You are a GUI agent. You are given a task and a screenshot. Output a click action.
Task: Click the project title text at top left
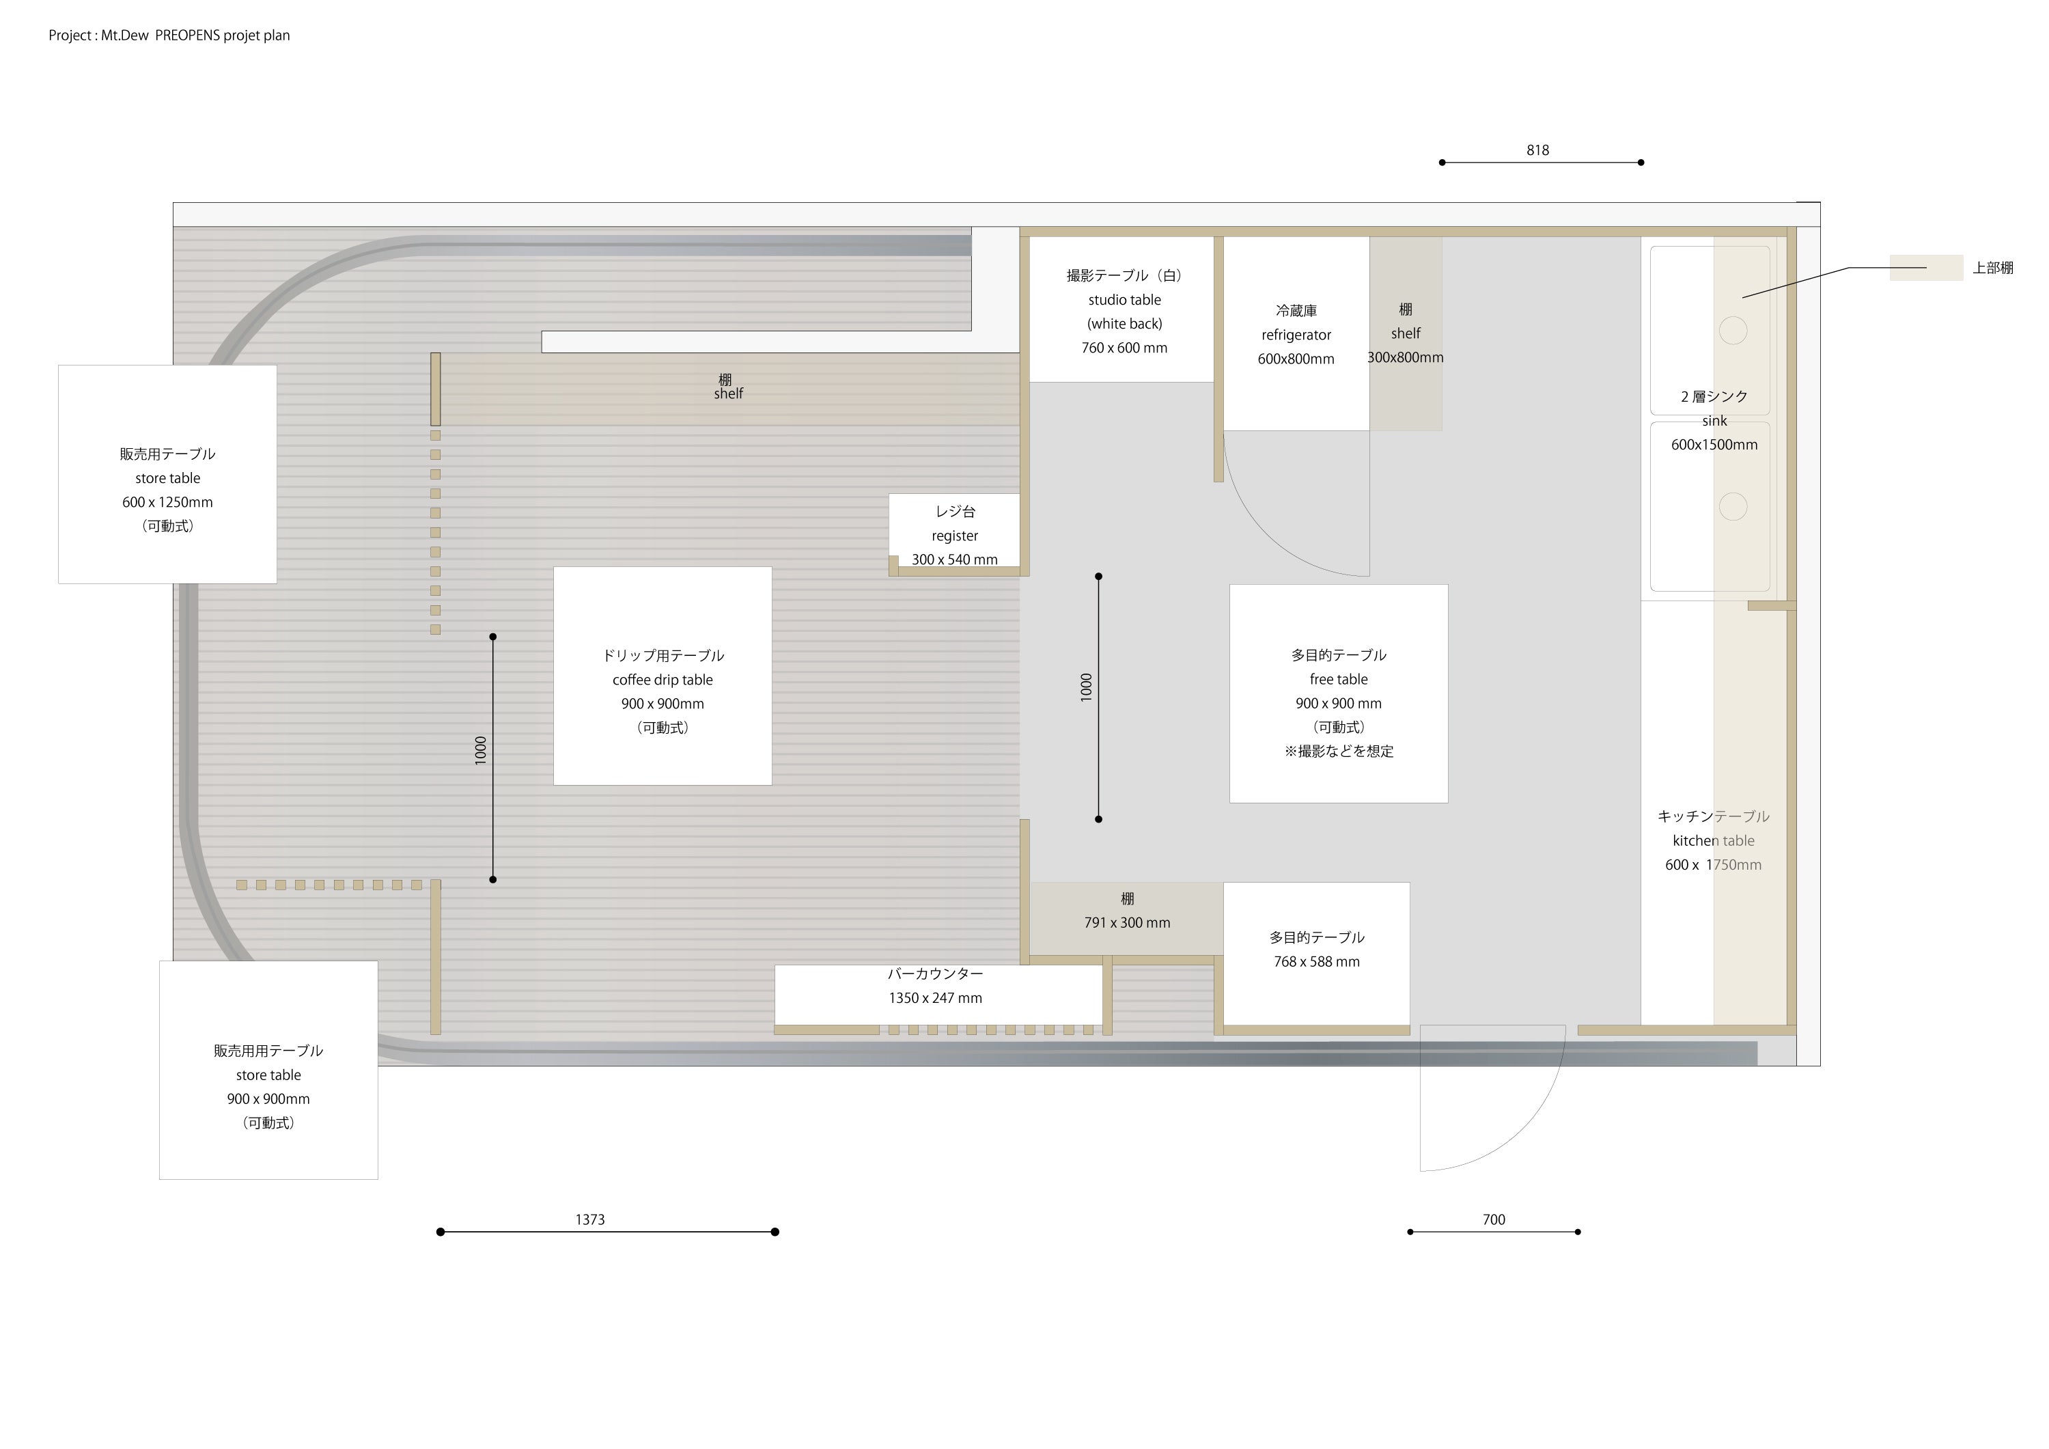pyautogui.click(x=169, y=36)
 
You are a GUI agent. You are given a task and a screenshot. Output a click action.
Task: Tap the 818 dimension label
pyautogui.click(x=1537, y=150)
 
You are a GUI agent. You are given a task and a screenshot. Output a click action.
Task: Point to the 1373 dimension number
pyautogui.click(x=590, y=1219)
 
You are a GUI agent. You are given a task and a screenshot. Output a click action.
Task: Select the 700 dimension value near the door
pyautogui.click(x=1494, y=1219)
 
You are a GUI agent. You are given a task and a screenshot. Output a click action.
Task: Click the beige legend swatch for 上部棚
pyautogui.click(x=1926, y=268)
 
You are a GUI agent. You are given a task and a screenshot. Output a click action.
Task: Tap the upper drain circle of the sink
pyautogui.click(x=1733, y=331)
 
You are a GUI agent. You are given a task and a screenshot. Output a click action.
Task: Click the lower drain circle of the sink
pyautogui.click(x=1733, y=507)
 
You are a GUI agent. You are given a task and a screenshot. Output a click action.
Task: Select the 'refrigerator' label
pyautogui.click(x=1296, y=335)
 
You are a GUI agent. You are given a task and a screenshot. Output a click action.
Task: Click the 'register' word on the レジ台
pyautogui.click(x=955, y=536)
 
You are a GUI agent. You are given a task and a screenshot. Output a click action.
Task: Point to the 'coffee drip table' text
pyautogui.click(x=663, y=680)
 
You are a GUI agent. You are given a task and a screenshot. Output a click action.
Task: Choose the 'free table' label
pyautogui.click(x=1339, y=680)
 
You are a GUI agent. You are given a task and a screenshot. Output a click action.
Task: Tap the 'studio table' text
pyautogui.click(x=1124, y=300)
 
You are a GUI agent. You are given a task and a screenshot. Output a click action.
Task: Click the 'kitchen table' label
pyautogui.click(x=1714, y=841)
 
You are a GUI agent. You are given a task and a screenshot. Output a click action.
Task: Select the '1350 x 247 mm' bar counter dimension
pyautogui.click(x=935, y=998)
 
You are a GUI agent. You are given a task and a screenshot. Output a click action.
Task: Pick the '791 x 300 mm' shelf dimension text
pyautogui.click(x=1127, y=923)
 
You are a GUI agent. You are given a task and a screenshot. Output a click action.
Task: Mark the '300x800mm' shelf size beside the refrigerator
pyautogui.click(x=1406, y=358)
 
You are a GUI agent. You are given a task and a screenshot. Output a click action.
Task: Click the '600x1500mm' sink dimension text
pyautogui.click(x=1714, y=445)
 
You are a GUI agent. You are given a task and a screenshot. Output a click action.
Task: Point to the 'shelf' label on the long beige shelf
pyautogui.click(x=728, y=394)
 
